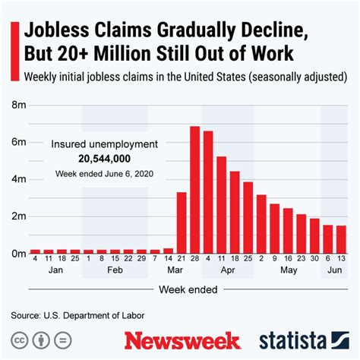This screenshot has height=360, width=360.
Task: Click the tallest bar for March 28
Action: tap(194, 190)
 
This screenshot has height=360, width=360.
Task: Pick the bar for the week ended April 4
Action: tap(208, 192)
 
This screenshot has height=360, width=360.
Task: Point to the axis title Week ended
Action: tap(188, 290)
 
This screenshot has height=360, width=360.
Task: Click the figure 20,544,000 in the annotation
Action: tap(105, 158)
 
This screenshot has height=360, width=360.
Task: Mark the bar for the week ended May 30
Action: tap(314, 235)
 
